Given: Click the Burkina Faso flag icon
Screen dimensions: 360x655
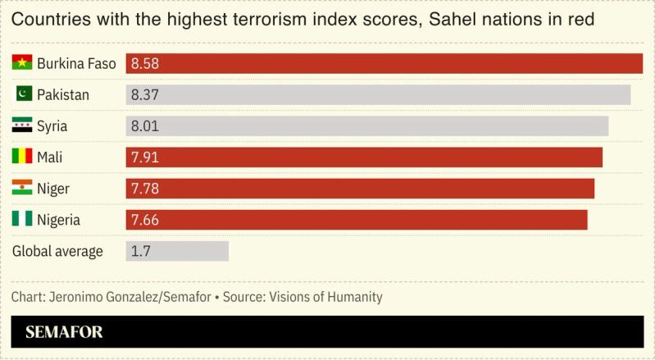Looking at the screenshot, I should click(22, 63).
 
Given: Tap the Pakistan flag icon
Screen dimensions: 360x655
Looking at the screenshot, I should click(22, 94).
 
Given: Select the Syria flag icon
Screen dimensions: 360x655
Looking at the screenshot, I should click(22, 126).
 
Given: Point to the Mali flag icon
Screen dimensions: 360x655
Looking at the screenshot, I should click(22, 157).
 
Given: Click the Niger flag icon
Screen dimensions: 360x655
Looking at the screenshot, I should click(22, 189).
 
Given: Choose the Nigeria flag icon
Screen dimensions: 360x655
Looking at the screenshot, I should click(22, 220).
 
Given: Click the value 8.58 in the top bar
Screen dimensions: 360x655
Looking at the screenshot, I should click(144, 63).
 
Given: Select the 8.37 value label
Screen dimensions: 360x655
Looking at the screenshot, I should click(144, 95).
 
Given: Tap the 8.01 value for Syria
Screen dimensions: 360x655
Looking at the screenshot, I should click(144, 126).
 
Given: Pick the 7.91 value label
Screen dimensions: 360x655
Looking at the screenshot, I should click(144, 157).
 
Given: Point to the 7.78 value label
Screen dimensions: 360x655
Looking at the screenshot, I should click(144, 189).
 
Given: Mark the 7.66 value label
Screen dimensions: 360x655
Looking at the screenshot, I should click(144, 220).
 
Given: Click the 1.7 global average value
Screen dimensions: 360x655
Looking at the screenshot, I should click(140, 251).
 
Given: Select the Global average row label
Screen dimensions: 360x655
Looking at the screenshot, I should click(57, 251).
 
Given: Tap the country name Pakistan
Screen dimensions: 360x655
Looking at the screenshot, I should click(63, 95).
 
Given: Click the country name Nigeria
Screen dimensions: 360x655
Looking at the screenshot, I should click(59, 220).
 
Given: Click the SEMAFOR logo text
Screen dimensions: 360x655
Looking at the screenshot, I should click(64, 333).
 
